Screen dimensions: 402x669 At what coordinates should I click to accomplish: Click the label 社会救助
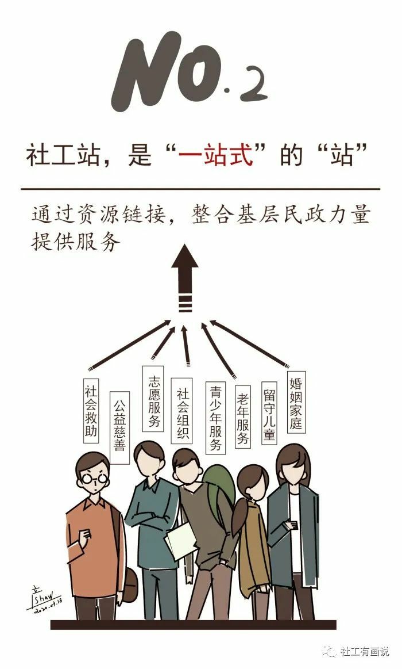91,410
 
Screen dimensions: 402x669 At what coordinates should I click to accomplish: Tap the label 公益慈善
119,427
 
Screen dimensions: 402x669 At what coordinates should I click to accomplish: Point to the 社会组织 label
182,410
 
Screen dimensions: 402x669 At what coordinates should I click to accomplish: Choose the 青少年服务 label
215,418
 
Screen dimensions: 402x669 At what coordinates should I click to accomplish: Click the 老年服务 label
242,416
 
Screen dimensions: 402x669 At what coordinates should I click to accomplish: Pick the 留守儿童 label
269,413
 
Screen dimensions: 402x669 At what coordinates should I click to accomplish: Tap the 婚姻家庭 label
296,402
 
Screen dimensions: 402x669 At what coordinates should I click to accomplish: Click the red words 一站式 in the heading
216,154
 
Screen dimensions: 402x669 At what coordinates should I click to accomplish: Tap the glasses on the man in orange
94,479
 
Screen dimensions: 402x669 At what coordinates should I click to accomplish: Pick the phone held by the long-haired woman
293,523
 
